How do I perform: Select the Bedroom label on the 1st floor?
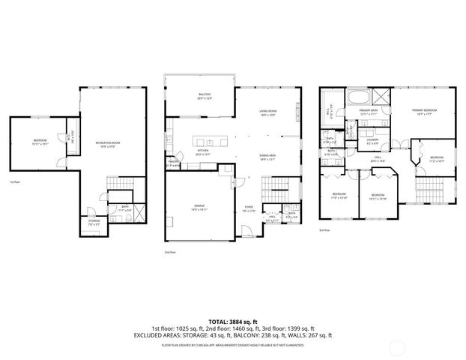(x=40, y=142)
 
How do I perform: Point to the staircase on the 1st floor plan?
(x=119, y=184)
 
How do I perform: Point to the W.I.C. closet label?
(x=330, y=114)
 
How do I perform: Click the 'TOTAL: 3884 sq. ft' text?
(x=232, y=319)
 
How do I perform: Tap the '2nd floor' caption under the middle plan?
(x=170, y=252)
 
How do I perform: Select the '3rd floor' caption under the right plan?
(x=324, y=231)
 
